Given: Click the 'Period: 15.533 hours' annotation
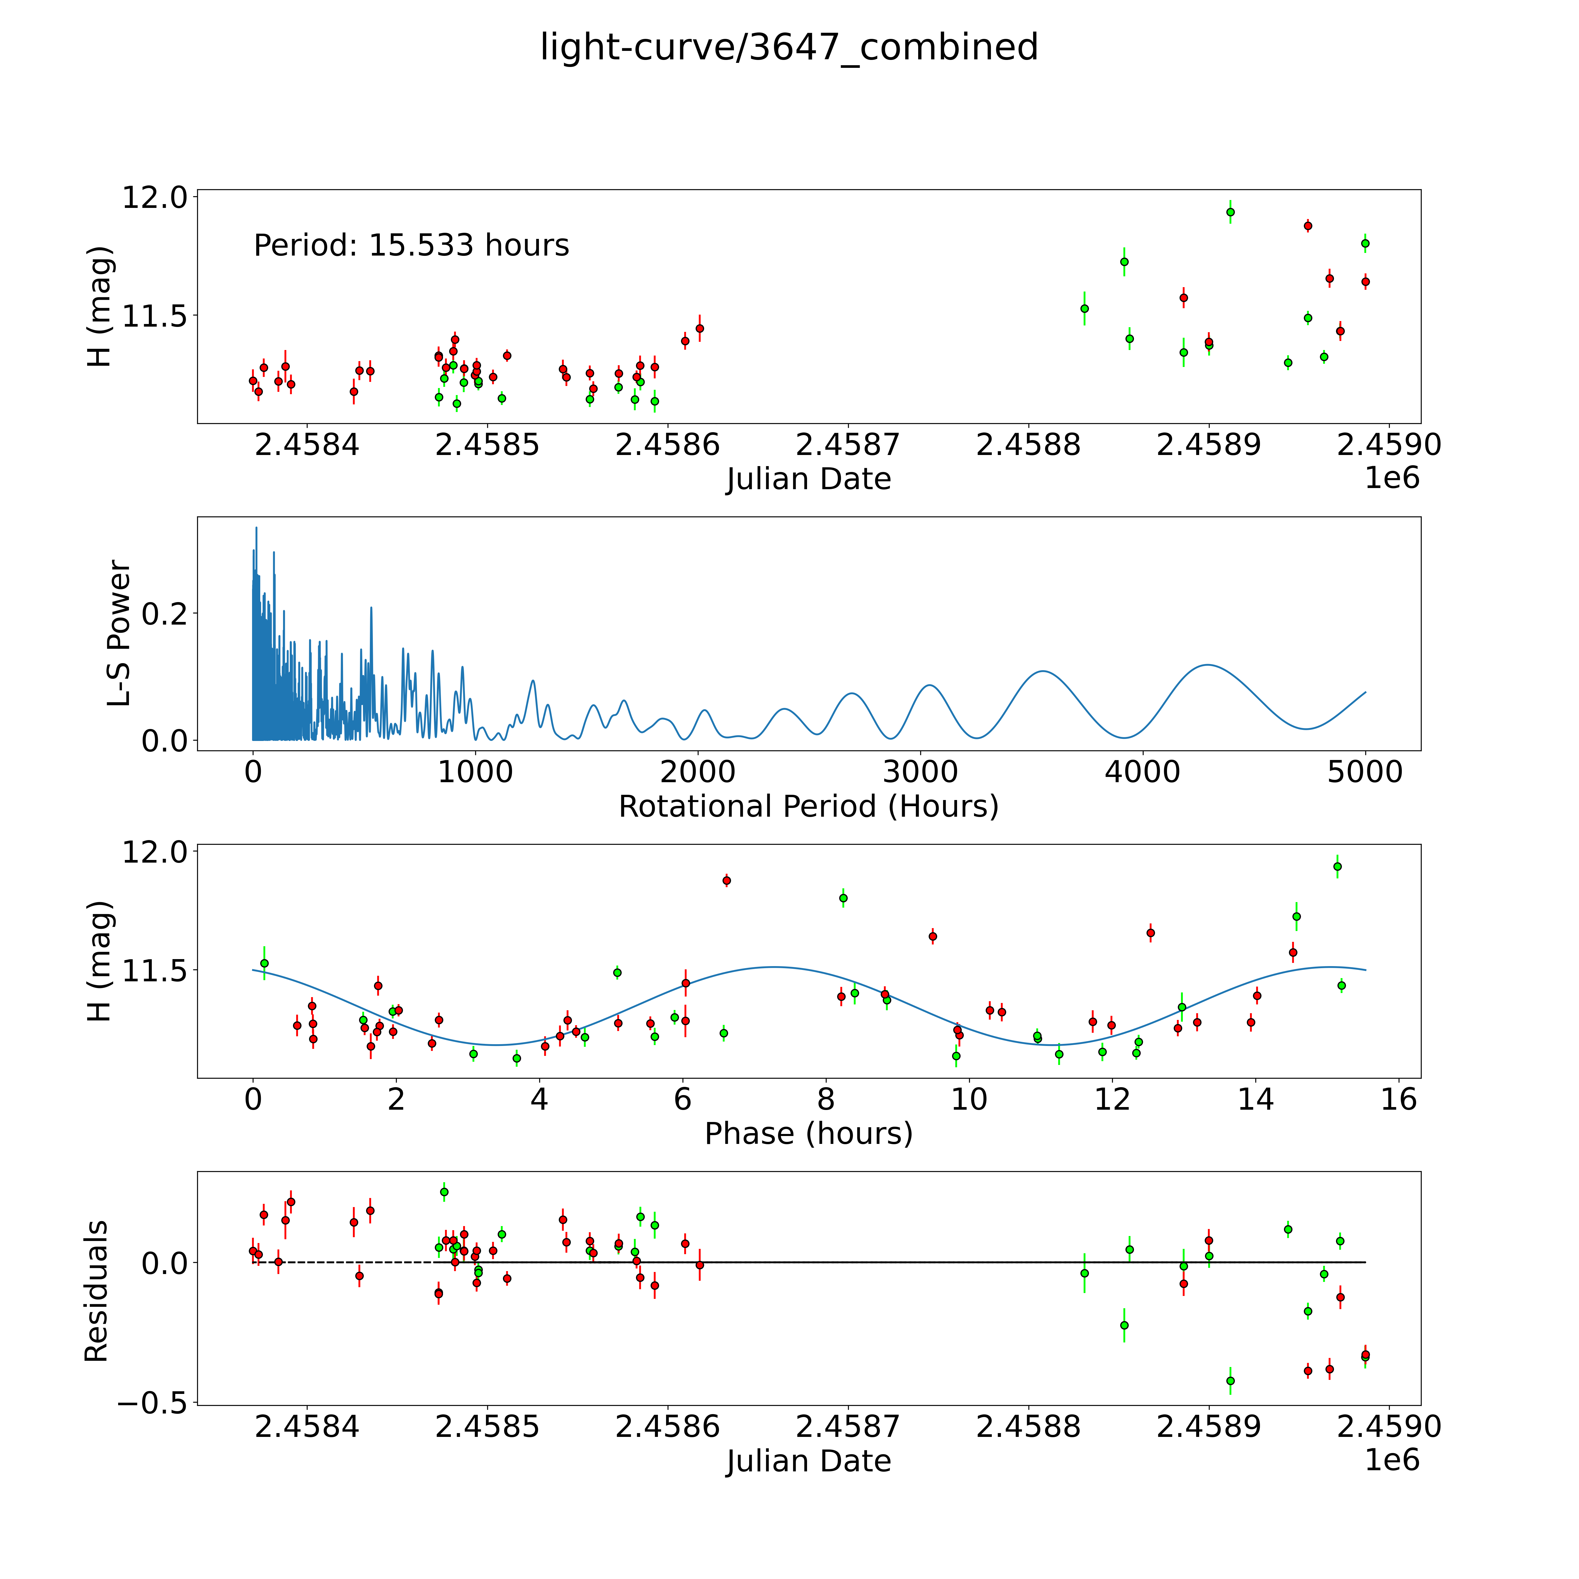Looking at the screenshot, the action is click(x=411, y=245).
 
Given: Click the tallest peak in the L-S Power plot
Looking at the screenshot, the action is click(x=256, y=528).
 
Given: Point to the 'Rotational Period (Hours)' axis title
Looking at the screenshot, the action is click(x=808, y=807).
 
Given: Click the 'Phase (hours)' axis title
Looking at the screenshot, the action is click(x=808, y=1134).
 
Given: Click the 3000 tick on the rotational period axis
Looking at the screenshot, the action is click(x=920, y=772).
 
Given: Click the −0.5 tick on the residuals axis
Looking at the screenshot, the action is click(x=154, y=1402).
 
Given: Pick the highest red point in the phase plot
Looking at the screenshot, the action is click(x=727, y=880).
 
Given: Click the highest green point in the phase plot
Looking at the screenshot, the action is click(x=1337, y=866).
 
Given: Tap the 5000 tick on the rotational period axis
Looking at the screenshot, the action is click(x=1365, y=772).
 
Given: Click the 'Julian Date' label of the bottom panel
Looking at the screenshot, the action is click(x=808, y=1461).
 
